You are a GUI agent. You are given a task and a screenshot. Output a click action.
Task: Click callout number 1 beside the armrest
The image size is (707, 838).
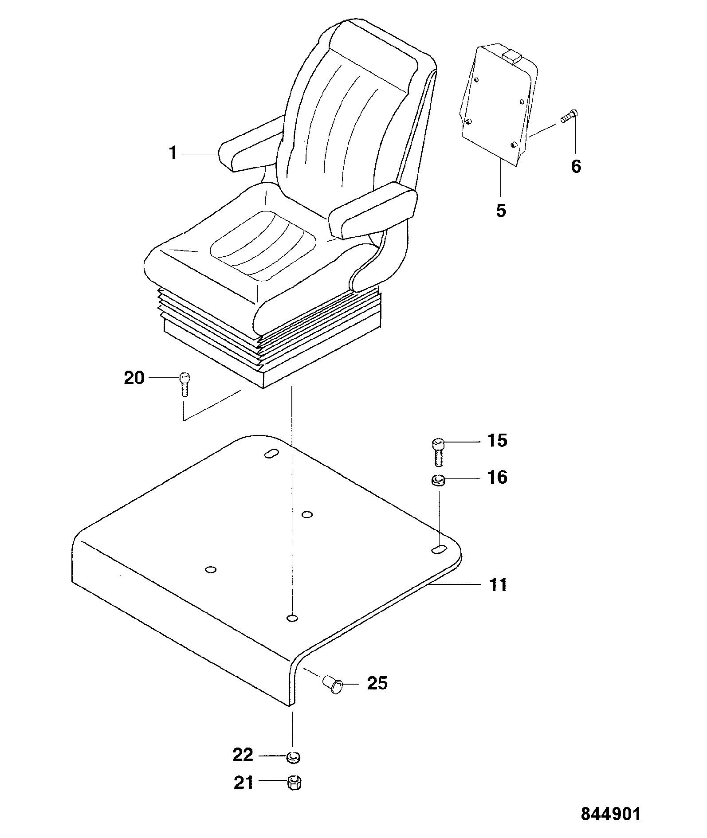(173, 153)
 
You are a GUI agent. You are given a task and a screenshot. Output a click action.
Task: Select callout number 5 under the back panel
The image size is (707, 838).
(501, 211)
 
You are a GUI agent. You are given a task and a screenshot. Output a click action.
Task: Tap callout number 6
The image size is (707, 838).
(576, 167)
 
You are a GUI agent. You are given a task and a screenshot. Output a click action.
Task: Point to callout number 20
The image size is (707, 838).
(134, 378)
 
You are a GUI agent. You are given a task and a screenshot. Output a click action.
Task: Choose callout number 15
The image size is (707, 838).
(497, 441)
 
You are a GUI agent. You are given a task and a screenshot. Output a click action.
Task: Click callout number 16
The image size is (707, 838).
(497, 478)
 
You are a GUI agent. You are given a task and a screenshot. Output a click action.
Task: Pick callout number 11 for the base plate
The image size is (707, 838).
(497, 585)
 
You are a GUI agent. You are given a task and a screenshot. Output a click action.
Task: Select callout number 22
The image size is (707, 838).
(243, 755)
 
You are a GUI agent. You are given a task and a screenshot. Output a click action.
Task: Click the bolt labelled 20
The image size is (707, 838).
(184, 384)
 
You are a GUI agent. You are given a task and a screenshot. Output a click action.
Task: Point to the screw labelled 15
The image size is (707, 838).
(438, 451)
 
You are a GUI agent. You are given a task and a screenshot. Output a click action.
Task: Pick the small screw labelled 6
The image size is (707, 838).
(570, 117)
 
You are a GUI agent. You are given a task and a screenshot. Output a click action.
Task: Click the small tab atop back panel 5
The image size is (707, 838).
(511, 56)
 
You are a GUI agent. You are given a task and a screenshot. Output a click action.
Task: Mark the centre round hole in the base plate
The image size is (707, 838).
(307, 515)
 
